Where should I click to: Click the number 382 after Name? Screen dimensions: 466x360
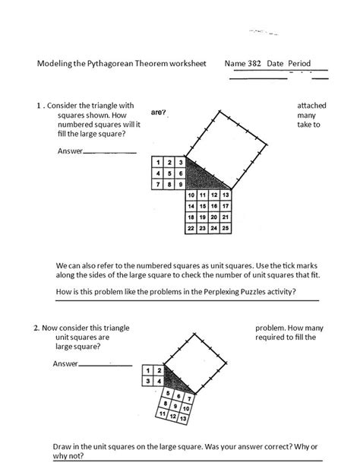pos(254,64)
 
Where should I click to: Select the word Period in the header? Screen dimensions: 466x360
pos(299,64)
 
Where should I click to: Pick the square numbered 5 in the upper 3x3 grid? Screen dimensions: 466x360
pos(168,173)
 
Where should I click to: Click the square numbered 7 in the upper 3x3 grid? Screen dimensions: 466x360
pos(156,184)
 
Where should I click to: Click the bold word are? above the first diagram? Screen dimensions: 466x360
pos(159,113)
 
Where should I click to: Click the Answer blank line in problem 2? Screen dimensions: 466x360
pos(105,366)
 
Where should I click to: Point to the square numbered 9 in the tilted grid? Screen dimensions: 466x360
pos(165,403)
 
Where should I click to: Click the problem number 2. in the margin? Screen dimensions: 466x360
pos(36,328)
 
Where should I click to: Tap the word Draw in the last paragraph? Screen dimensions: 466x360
pos(63,446)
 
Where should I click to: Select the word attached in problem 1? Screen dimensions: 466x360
pos(312,105)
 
